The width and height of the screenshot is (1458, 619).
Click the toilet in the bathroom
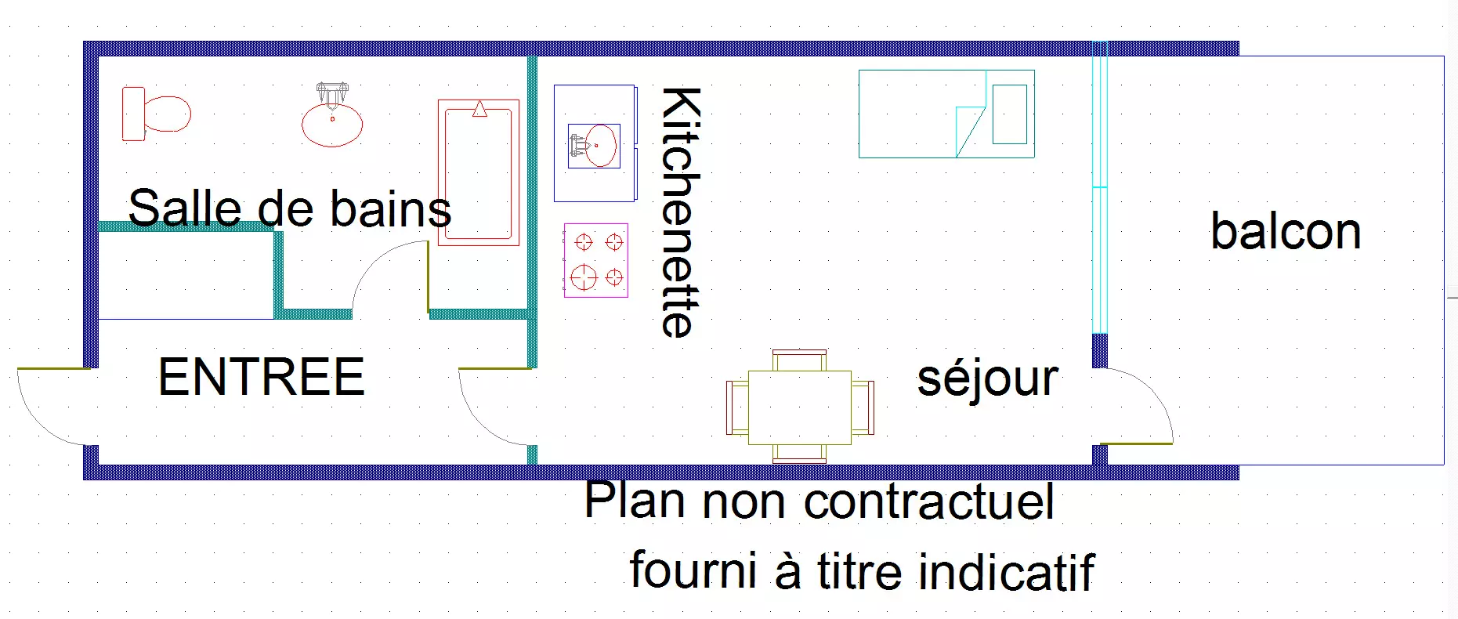pos(156,114)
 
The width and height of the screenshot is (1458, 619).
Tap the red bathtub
pos(479,172)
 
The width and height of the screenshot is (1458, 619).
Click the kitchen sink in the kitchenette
pos(594,146)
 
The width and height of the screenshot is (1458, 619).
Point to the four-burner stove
pos(595,260)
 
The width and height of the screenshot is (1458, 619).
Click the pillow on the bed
pos(1010,114)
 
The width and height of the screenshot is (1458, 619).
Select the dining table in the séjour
pos(800,407)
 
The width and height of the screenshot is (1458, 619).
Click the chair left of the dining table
pos(737,407)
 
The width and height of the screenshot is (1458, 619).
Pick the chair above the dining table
pos(799,360)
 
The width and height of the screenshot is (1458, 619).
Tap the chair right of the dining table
pos(863,407)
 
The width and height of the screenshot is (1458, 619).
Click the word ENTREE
pos(262,377)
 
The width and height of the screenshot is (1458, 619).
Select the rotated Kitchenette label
pos(679,212)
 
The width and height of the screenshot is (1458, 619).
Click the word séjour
pos(987,379)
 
